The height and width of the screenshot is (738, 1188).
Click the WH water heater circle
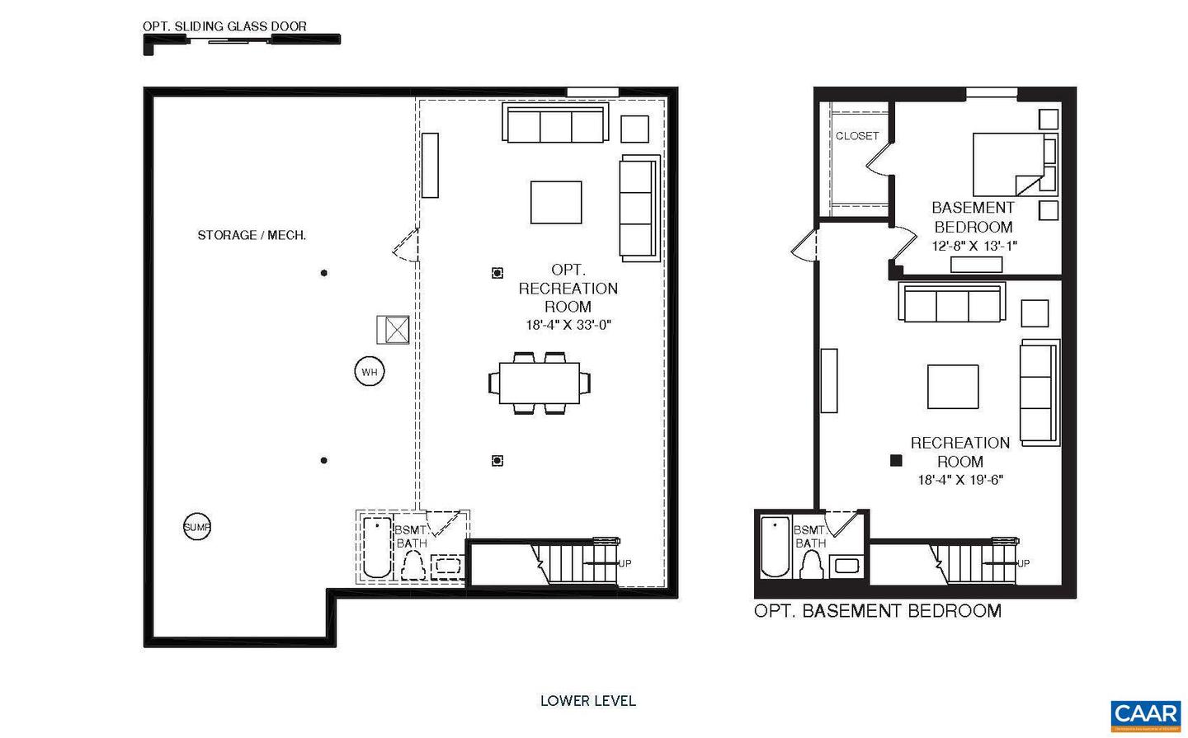(369, 373)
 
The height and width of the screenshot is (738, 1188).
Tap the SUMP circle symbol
(196, 527)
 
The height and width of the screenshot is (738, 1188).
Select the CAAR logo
(1145, 714)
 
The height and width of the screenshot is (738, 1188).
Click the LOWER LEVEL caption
(587, 701)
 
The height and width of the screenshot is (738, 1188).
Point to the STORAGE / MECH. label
(252, 235)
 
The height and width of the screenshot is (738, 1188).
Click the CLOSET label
(857, 136)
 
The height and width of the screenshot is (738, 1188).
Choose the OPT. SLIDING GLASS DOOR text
(224, 26)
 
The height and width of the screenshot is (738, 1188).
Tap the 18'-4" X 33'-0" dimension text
(568, 325)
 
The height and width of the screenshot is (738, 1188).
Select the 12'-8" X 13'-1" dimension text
(974, 246)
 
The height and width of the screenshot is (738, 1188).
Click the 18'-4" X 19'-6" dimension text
(960, 480)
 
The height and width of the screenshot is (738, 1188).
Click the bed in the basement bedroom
(1009, 163)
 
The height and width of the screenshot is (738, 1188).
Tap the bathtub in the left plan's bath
(378, 548)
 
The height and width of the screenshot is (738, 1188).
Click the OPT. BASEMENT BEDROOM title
(878, 611)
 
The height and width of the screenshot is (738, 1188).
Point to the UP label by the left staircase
(625, 564)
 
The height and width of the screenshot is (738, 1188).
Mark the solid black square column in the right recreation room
(896, 462)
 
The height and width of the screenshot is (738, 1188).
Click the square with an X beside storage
(394, 330)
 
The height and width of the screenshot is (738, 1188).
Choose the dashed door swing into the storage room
(406, 245)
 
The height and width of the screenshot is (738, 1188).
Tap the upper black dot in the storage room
(323, 273)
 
